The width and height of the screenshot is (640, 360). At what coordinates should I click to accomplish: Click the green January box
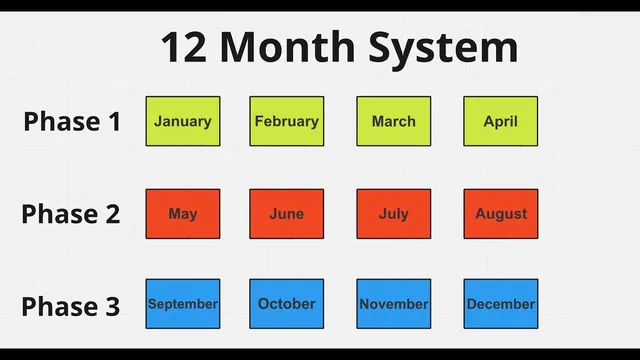(183, 121)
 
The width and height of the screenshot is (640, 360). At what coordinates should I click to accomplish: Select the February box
(287, 121)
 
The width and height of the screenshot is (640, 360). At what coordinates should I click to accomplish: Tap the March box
(394, 121)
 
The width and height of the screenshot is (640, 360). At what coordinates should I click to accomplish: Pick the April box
(501, 121)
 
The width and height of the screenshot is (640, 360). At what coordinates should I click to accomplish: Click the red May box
(183, 214)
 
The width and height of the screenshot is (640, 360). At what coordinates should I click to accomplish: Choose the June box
(287, 214)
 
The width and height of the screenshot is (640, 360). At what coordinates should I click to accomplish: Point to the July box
(394, 214)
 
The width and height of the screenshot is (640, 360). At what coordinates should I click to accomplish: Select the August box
(501, 214)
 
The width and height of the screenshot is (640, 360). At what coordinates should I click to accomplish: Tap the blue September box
(183, 304)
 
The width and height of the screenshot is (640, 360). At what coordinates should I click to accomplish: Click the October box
(287, 304)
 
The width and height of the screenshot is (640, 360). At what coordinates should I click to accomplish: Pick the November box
(394, 304)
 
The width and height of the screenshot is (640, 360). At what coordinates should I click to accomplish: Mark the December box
(501, 304)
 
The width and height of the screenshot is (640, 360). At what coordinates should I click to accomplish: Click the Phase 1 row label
(72, 122)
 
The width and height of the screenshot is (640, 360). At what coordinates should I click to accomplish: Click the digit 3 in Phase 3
(112, 305)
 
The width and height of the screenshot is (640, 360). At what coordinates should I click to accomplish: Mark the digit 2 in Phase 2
(112, 214)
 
